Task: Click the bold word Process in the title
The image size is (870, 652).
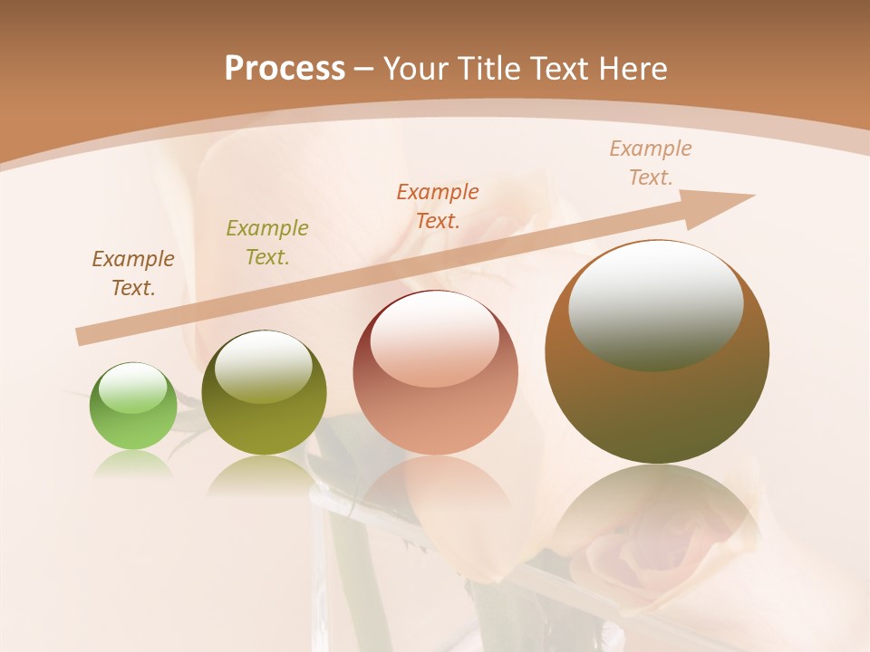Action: pos(285,69)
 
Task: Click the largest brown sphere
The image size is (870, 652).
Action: pos(657,407)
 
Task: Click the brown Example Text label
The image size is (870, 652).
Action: pos(133,273)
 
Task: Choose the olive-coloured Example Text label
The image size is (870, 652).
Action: pos(267,242)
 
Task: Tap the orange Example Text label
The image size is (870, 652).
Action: pos(438,206)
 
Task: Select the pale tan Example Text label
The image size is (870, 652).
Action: pos(651,162)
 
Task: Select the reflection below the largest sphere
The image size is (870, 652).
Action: pos(657,516)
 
